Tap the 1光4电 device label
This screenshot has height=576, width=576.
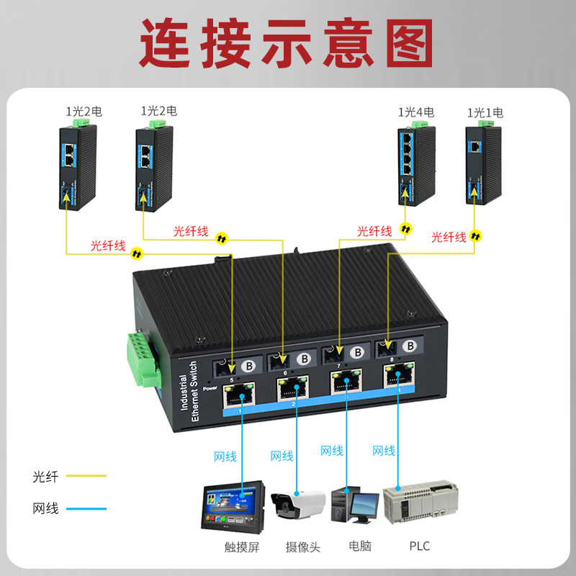coord(416,112)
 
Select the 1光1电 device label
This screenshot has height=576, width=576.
coord(485,112)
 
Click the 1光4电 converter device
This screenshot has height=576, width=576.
coord(416,164)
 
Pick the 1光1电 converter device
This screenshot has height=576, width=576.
coord(481,164)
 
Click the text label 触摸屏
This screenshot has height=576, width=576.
coord(242,546)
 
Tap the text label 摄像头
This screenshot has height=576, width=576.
coord(303,546)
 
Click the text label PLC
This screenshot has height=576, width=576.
coord(419,546)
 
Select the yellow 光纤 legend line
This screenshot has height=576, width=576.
coord(86,476)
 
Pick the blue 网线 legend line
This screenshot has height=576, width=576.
coord(86,509)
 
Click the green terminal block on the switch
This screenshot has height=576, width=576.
coord(143,360)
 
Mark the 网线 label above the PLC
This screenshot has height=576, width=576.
coord(384,451)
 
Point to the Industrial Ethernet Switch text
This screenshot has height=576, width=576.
coord(188,394)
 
